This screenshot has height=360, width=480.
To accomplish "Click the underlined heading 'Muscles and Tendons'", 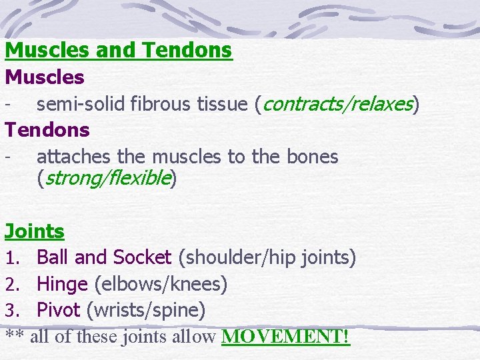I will click(x=119, y=50).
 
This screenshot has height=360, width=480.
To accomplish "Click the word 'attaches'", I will click(x=74, y=157).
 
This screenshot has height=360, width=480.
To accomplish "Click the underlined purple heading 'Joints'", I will click(x=35, y=231).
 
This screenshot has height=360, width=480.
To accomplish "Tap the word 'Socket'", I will click(x=143, y=257).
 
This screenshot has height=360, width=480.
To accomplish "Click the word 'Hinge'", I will click(x=62, y=284).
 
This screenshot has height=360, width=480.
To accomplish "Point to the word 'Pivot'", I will click(x=59, y=310).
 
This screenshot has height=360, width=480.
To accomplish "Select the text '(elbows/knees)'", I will click(x=161, y=285).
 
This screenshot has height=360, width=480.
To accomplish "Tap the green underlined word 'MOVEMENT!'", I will click(x=285, y=337).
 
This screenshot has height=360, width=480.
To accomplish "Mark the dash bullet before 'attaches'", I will click(x=7, y=157).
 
